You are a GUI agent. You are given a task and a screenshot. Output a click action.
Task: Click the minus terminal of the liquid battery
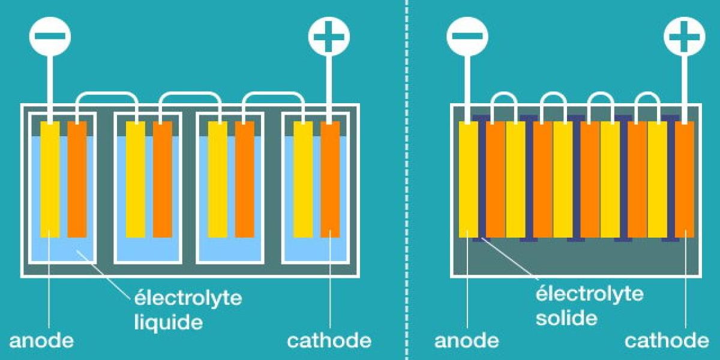[x=50, y=37]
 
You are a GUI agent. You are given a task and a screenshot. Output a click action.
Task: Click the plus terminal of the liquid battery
[x=329, y=37]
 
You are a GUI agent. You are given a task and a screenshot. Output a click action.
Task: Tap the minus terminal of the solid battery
[x=467, y=37]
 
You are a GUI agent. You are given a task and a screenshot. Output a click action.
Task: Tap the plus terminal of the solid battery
[x=685, y=37]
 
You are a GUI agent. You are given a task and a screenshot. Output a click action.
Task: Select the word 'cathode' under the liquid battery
[x=329, y=341]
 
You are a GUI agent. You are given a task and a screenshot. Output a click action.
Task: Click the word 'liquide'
[x=167, y=322]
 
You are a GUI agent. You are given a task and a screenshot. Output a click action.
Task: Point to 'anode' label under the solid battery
[x=467, y=341]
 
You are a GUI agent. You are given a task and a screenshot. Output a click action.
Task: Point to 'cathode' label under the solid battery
[x=667, y=341]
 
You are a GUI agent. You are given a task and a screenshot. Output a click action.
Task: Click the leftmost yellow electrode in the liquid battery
[x=50, y=180]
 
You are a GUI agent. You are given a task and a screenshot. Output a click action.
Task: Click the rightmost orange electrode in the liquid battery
[x=330, y=180]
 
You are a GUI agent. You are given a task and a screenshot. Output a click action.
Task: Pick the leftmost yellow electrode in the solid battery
[x=468, y=180]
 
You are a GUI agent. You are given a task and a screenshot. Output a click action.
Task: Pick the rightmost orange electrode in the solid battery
[x=685, y=180]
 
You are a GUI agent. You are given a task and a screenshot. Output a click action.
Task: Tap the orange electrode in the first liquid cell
[x=77, y=180]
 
